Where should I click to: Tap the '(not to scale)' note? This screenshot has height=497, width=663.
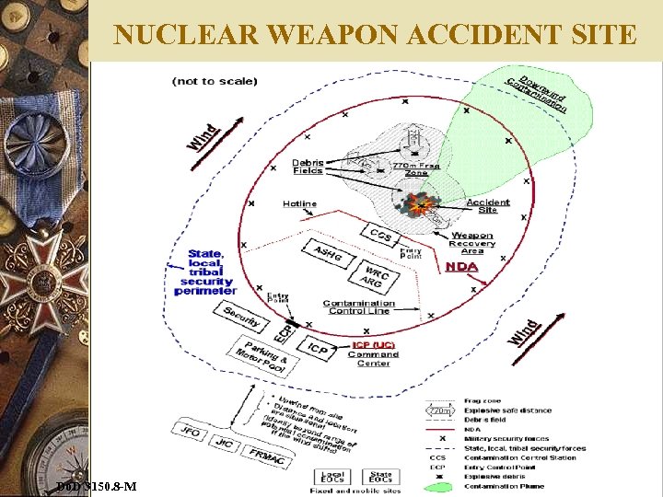215,81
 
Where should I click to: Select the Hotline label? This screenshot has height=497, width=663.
299,203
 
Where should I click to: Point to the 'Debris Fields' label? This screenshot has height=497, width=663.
308,167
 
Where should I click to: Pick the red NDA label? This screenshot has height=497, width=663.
461,267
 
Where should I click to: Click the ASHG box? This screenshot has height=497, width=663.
328,252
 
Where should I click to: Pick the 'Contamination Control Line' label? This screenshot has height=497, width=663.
359,306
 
